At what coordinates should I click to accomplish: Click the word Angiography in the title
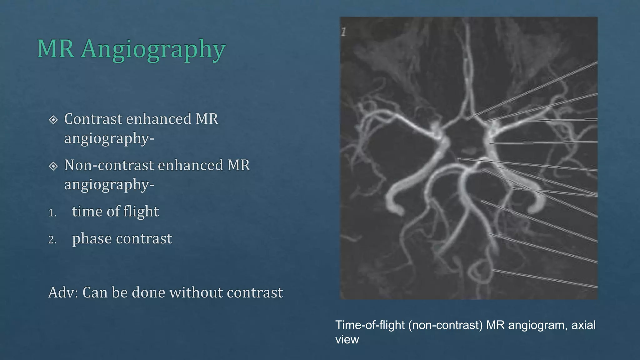pos(153,49)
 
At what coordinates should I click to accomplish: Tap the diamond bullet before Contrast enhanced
pos(53,120)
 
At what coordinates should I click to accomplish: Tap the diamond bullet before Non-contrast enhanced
pos(53,166)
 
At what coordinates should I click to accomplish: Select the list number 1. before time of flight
pos(52,213)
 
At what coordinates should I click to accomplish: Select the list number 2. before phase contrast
pos(52,240)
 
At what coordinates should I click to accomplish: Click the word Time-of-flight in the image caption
pos(370,325)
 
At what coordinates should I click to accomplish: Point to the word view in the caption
pos(347,339)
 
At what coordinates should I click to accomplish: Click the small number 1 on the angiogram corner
pos(344,32)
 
